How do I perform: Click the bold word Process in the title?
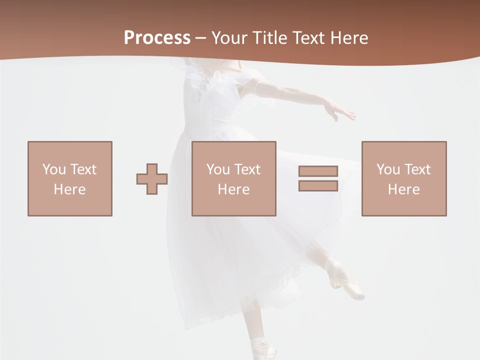click(x=157, y=38)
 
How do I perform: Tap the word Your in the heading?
click(x=229, y=38)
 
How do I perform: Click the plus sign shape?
click(x=152, y=179)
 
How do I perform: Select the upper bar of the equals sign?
click(x=318, y=171)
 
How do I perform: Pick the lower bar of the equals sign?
click(x=318, y=185)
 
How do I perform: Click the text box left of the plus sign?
click(x=70, y=178)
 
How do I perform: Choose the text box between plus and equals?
click(x=234, y=178)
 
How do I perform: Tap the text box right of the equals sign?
click(x=404, y=178)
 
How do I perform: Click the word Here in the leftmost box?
click(x=69, y=189)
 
